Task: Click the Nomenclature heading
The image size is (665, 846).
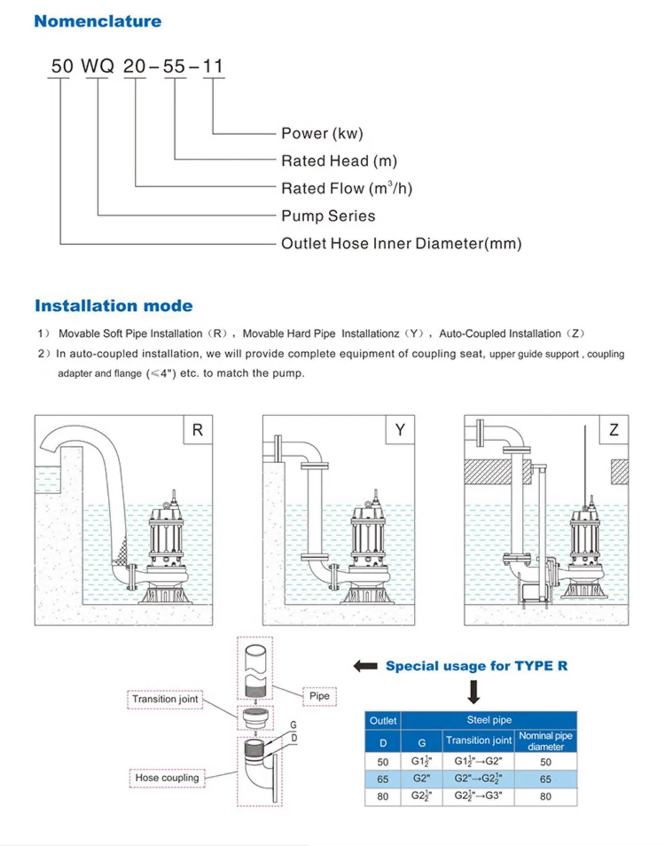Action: click(x=97, y=21)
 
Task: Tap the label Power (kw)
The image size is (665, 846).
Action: click(x=322, y=133)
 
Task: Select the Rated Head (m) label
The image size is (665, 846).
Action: click(x=339, y=161)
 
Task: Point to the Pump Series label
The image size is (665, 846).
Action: click(x=328, y=216)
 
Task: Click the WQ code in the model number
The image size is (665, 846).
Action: click(x=98, y=66)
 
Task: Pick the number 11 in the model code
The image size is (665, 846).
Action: click(x=213, y=66)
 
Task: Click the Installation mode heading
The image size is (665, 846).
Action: click(x=114, y=306)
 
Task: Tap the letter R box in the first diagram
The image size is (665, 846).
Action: click(x=198, y=430)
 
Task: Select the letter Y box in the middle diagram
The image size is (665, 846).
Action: click(x=400, y=430)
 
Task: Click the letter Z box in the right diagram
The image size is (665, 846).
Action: click(x=614, y=430)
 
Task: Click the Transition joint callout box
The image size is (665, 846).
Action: click(x=165, y=699)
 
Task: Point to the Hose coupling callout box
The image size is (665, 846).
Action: click(x=167, y=778)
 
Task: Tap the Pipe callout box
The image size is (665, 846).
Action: click(x=319, y=695)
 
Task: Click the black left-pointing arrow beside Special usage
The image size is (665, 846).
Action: click(x=365, y=666)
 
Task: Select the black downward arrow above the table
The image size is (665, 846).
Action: click(x=474, y=692)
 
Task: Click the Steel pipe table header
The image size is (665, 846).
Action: click(x=489, y=720)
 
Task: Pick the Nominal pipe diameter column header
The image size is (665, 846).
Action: click(x=545, y=741)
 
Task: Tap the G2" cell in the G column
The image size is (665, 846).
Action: click(x=422, y=779)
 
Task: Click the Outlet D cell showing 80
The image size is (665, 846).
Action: click(x=383, y=796)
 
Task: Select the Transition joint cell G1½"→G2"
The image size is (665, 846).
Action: click(x=478, y=762)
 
